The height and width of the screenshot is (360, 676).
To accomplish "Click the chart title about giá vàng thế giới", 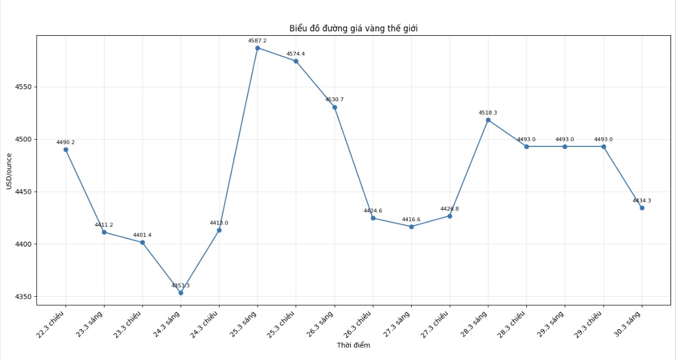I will pyautogui.click(x=353, y=29).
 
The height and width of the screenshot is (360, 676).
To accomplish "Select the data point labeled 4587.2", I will pyautogui.click(x=258, y=48).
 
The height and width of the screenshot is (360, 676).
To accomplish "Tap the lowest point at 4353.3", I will pyautogui.click(x=181, y=293).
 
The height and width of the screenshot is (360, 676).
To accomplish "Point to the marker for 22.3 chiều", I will pyautogui.click(x=66, y=150).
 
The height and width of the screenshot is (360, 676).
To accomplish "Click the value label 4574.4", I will pyautogui.click(x=296, y=54).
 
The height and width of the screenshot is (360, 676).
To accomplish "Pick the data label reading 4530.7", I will pyautogui.click(x=334, y=100).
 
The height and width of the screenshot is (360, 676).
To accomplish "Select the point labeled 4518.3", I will pyautogui.click(x=488, y=120).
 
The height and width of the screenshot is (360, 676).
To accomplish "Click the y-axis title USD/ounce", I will pyautogui.click(x=9, y=171).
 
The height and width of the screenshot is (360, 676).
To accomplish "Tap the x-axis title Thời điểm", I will pyautogui.click(x=353, y=346).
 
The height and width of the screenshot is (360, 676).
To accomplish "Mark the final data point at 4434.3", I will pyautogui.click(x=642, y=208).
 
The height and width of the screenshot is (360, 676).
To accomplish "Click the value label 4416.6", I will pyautogui.click(x=411, y=220).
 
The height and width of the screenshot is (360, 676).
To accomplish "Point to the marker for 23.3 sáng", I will pyautogui.click(x=104, y=232).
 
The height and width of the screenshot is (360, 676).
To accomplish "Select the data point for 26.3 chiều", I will pyautogui.click(x=373, y=219).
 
